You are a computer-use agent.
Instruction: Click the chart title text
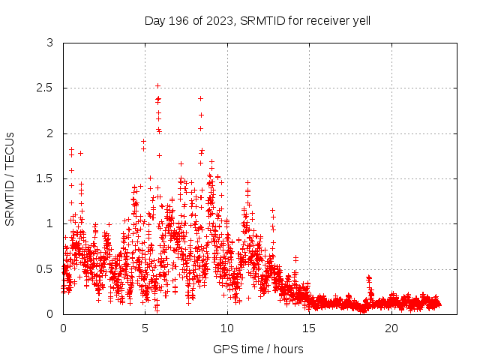pos(257,20)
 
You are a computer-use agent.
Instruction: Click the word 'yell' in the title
pos(361,20)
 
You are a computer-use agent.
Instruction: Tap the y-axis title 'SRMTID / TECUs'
pos(10,178)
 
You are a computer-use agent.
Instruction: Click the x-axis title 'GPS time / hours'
pos(258,349)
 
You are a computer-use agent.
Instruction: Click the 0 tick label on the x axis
pos(63,328)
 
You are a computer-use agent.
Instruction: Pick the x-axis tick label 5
pos(145,328)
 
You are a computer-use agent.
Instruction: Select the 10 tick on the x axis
pos(227,328)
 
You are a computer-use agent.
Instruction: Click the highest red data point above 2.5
pos(157,85)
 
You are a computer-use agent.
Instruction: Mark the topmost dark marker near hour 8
pos(200,98)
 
